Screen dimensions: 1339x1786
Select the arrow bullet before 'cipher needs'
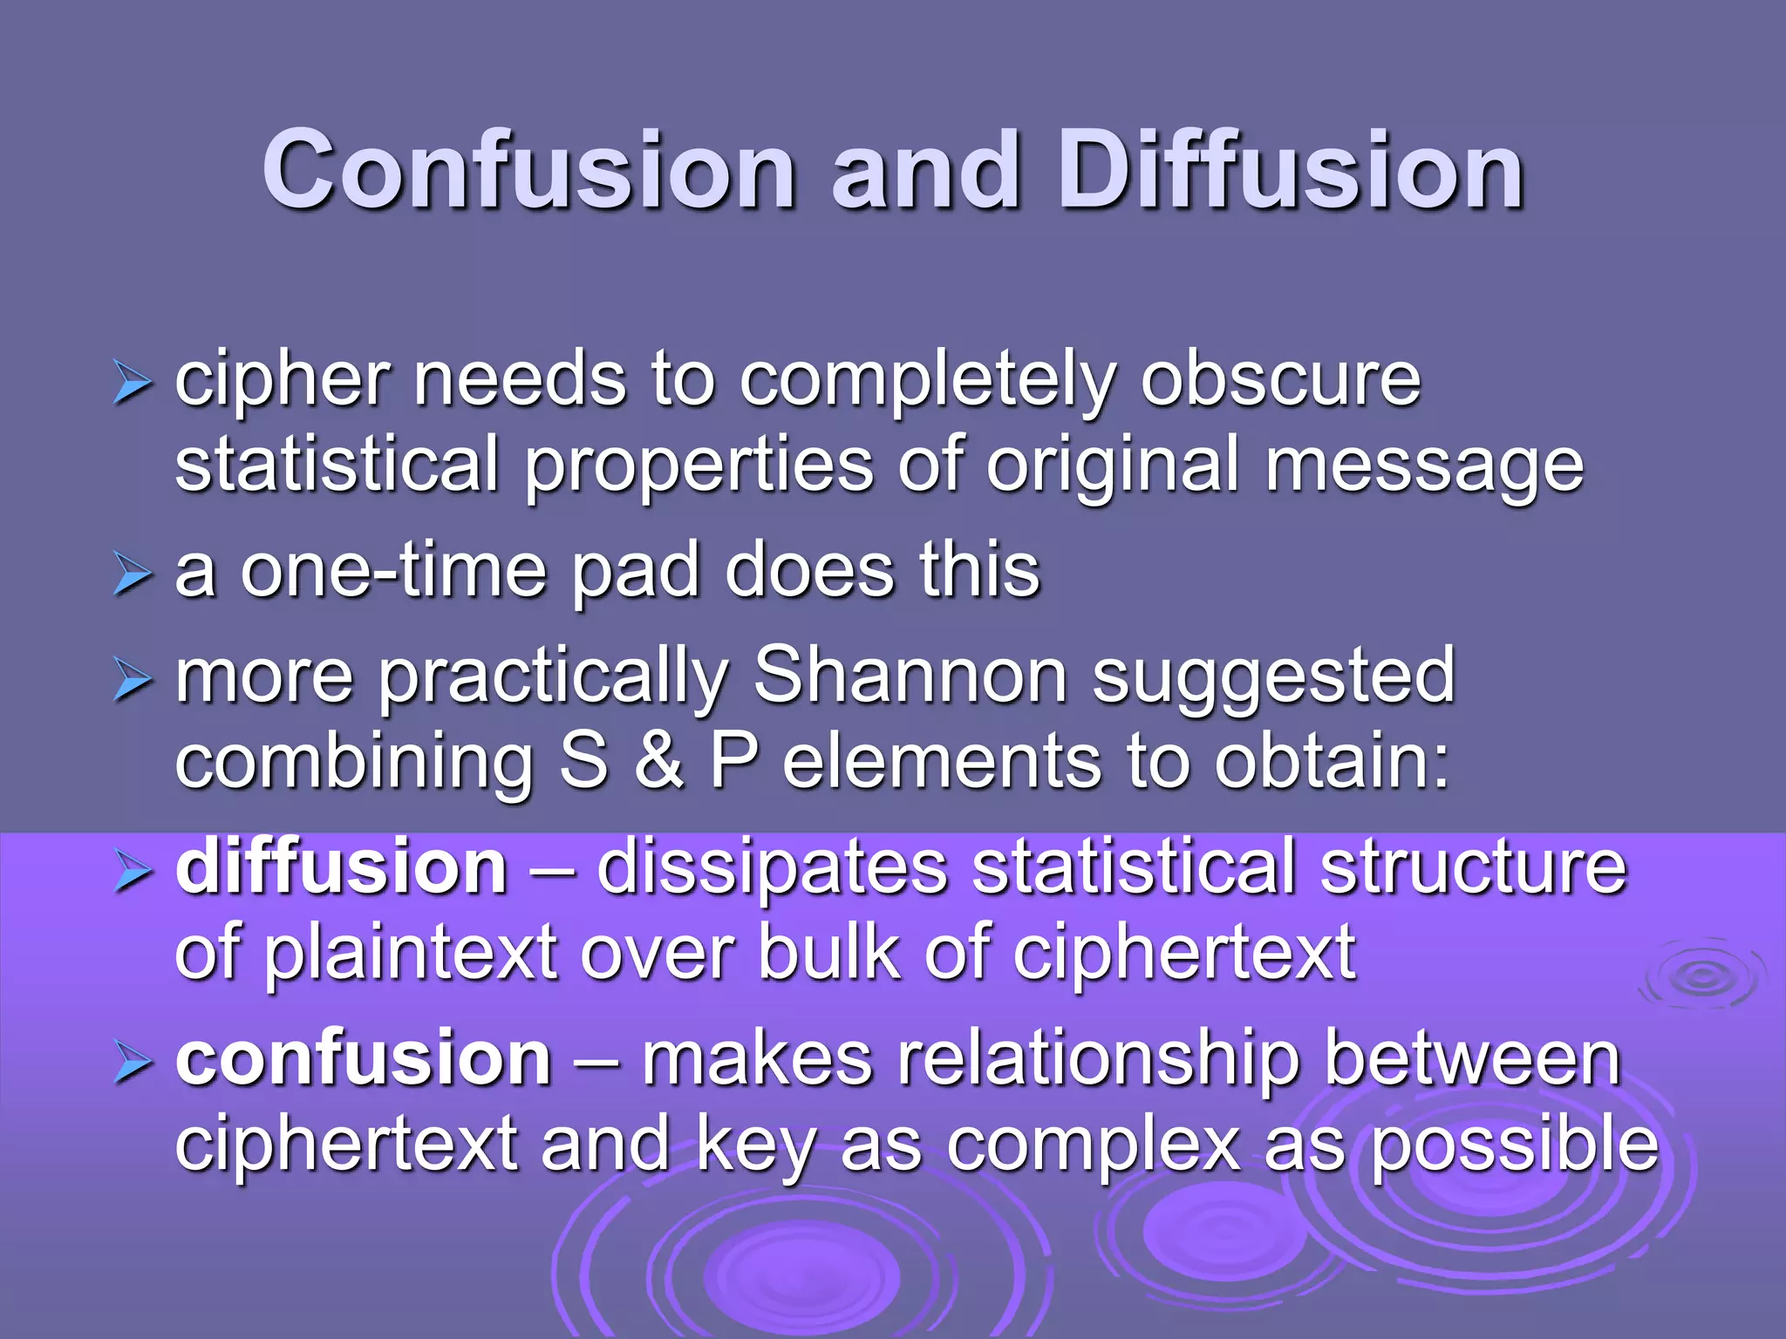coord(133,384)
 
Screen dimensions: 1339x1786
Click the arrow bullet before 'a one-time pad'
coord(133,575)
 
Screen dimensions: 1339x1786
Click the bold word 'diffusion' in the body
coord(341,867)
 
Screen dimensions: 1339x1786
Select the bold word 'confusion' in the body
coord(363,1058)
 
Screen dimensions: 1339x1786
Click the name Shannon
coord(910,676)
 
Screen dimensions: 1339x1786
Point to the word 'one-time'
coord(392,571)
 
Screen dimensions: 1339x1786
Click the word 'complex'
coord(1094,1145)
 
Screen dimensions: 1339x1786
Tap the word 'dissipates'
coord(772,870)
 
